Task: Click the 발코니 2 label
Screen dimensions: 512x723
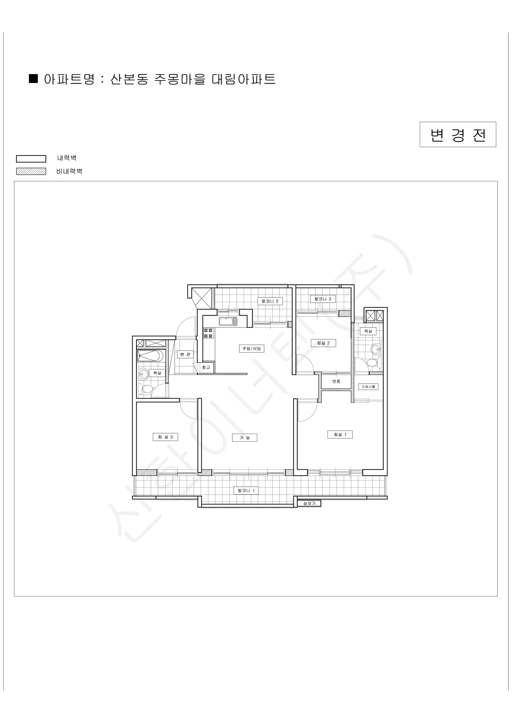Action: [270, 301]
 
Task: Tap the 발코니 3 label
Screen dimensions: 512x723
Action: [323, 299]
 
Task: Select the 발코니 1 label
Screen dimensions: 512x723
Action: [246, 490]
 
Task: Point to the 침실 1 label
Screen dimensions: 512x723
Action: [340, 435]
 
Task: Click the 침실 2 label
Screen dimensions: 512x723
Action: [323, 343]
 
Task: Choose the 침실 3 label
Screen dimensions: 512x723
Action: [165, 437]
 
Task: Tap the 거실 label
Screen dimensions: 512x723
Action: [244, 437]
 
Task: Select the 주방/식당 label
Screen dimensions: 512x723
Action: [251, 349]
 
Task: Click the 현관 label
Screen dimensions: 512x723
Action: [185, 355]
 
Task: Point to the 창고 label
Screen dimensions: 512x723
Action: [206, 367]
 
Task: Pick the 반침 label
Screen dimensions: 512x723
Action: [336, 381]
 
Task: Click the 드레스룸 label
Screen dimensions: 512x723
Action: [368, 387]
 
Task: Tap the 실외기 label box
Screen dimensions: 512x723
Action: [309, 503]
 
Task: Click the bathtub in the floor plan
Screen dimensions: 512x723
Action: [150, 355]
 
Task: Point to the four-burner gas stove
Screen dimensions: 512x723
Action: [208, 333]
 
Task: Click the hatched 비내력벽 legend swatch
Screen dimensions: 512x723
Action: [31, 171]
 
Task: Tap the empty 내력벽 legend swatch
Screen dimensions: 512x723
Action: [31, 159]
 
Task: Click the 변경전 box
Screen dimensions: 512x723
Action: [458, 134]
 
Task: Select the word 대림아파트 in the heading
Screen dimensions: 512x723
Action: [244, 79]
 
